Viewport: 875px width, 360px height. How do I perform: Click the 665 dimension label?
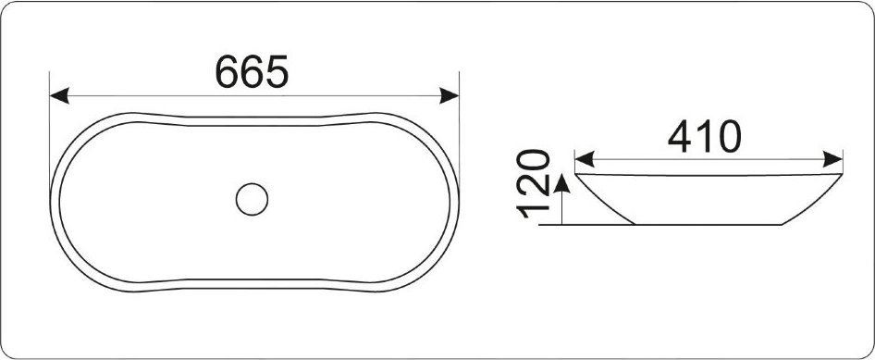click(x=252, y=71)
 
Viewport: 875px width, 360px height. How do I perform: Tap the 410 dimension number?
click(x=704, y=137)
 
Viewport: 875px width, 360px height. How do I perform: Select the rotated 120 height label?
click(x=534, y=183)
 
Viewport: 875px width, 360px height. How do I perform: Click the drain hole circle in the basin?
click(x=252, y=199)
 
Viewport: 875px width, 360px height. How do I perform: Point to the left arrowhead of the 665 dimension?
click(x=59, y=95)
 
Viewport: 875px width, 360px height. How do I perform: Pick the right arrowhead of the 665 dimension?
click(x=450, y=95)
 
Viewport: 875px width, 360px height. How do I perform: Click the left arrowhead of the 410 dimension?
click(x=585, y=159)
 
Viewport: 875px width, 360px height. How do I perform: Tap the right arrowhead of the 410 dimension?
click(x=832, y=159)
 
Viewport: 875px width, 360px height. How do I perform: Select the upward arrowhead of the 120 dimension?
click(x=562, y=183)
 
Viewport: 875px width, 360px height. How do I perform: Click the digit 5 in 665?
click(x=277, y=72)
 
